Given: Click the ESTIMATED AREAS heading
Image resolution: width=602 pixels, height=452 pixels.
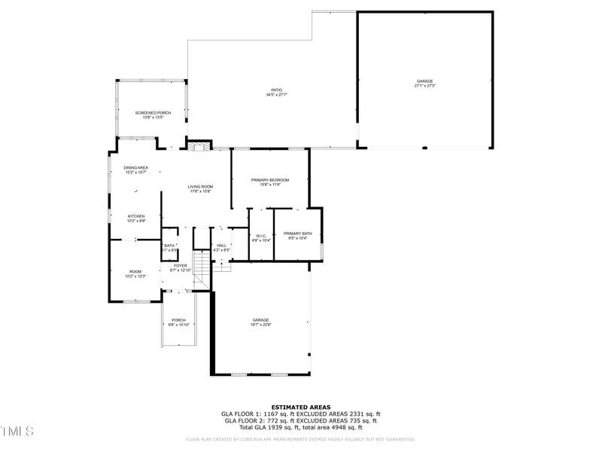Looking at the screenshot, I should tap(300, 407).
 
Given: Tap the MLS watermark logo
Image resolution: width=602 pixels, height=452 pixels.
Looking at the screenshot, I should tap(18, 431).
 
